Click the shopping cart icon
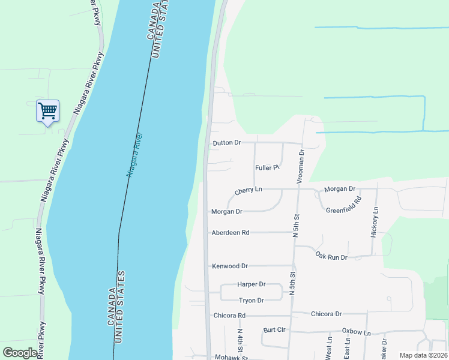[x=47, y=110]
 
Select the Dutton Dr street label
[x=227, y=143]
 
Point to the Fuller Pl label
[x=268, y=168]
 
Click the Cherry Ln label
[x=249, y=190]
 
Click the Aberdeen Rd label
[x=230, y=232]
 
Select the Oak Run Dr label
[x=331, y=257]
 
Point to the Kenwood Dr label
[x=230, y=266]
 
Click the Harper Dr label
[x=252, y=284]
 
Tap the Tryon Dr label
[x=252, y=301]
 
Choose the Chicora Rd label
[x=229, y=315]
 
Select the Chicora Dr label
[x=326, y=314]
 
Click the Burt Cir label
[x=274, y=330]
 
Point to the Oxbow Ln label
[x=357, y=331]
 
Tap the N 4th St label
[x=239, y=341]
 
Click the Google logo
[x=20, y=353]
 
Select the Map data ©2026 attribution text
[x=423, y=355]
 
